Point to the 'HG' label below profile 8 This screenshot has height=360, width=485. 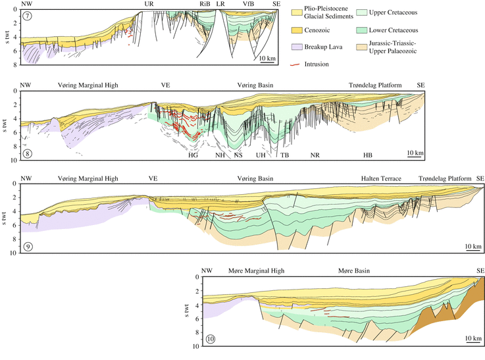click(193, 155)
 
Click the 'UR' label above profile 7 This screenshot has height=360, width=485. click(149, 4)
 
